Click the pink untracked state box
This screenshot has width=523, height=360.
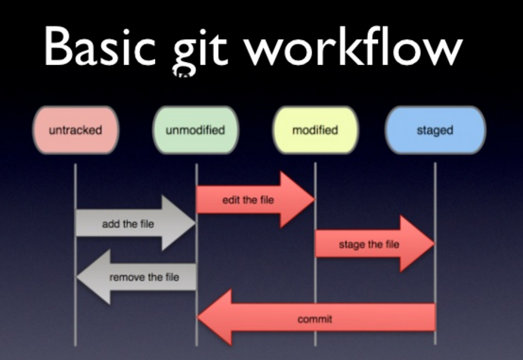tap(75, 130)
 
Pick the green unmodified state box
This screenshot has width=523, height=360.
tap(195, 130)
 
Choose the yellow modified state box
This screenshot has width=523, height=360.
tap(314, 130)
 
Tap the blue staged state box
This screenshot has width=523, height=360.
tap(435, 130)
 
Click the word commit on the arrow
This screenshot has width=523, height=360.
tap(315, 319)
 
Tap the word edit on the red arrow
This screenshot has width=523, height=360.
tap(231, 200)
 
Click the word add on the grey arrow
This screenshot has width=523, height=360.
tap(111, 225)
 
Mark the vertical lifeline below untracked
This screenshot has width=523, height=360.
tap(76, 318)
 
